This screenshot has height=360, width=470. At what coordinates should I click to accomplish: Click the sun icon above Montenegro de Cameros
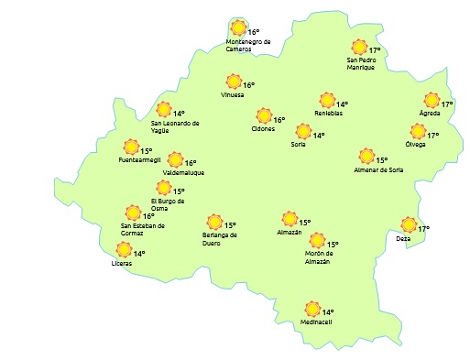click(x=238, y=28)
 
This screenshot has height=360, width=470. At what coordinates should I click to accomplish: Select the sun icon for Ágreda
click(x=432, y=101)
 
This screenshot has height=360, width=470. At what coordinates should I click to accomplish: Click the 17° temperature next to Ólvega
click(x=433, y=136)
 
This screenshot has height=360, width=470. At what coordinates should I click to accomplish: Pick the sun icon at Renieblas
click(x=325, y=101)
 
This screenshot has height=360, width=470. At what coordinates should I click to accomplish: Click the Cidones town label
click(x=263, y=129)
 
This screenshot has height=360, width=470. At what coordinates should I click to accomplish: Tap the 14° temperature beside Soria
click(x=319, y=136)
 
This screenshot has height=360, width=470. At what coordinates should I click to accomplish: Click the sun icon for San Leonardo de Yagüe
click(x=164, y=110)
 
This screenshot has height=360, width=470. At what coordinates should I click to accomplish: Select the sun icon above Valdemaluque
click(x=175, y=160)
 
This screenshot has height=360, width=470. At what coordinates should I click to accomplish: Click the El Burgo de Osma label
click(x=168, y=204)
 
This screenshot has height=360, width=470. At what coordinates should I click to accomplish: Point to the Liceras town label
click(x=121, y=264)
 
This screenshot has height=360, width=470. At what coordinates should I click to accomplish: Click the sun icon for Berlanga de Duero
click(x=214, y=222)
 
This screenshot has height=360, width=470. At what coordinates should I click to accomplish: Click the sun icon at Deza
click(x=409, y=225)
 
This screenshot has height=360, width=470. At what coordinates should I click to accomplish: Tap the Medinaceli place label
click(x=316, y=322)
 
